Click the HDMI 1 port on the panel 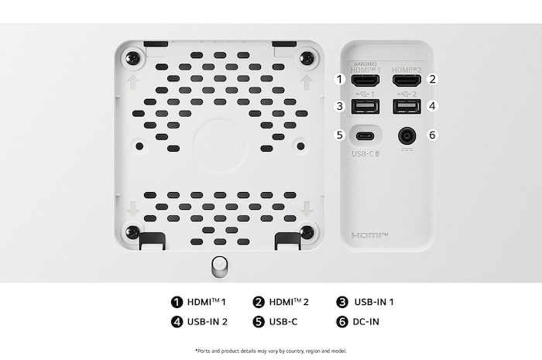coord(364,79)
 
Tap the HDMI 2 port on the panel coord(406,79)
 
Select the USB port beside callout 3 coord(364,106)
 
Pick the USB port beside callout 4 coord(406,106)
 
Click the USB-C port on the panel coord(364,135)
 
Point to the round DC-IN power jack coord(406,135)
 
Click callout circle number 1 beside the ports coord(338,79)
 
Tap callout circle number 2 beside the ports coord(433,79)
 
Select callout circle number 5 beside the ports coord(338,135)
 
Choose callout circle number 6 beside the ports coord(433,135)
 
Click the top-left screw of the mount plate coord(133,58)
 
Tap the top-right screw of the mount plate coord(307,58)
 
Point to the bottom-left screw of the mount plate coord(133,231)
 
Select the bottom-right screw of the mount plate coord(307,231)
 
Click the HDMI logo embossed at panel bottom coord(369,234)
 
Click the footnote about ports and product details coord(270,351)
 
